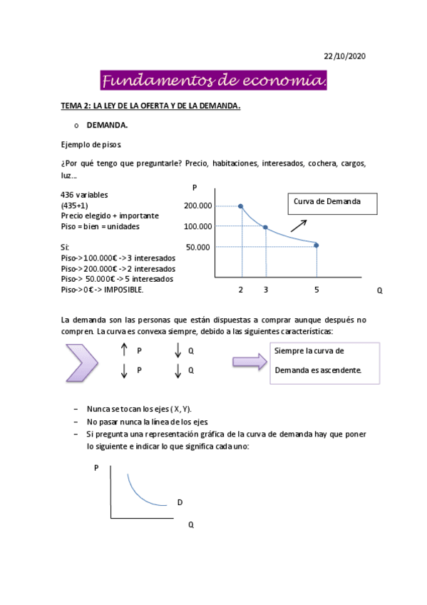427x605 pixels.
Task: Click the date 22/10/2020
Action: (x=344, y=56)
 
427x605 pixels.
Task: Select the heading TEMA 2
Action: (x=150, y=106)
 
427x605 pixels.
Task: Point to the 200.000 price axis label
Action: (x=197, y=206)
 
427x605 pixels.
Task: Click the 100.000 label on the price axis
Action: (x=197, y=227)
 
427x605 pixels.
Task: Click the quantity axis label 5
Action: (x=317, y=290)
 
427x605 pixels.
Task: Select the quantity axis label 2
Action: (x=241, y=290)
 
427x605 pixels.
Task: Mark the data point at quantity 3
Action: (x=266, y=228)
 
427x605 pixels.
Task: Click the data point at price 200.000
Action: (x=241, y=206)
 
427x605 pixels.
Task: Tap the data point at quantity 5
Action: (x=317, y=245)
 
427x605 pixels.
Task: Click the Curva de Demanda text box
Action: (x=332, y=203)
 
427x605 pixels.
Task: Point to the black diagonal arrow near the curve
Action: (x=298, y=226)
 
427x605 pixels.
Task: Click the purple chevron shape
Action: (x=81, y=362)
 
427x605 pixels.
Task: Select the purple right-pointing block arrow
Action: (x=248, y=362)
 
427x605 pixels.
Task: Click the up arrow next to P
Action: (x=124, y=350)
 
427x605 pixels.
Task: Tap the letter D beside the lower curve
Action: (x=180, y=502)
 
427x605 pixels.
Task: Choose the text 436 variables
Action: (x=86, y=195)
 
